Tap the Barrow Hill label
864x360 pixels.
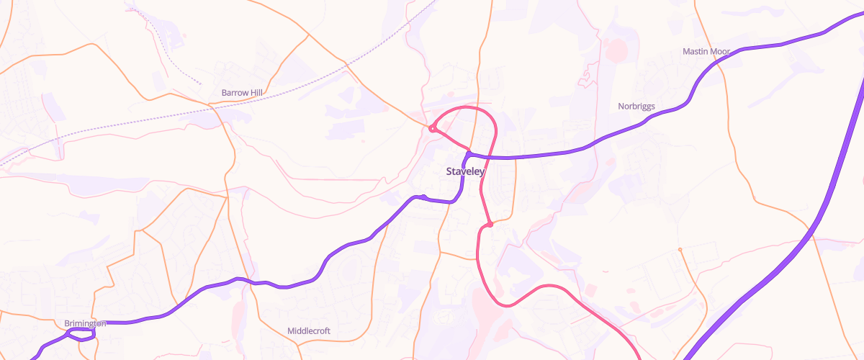coord(242,93)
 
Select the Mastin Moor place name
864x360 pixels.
coord(706,52)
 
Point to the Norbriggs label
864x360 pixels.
coord(636,107)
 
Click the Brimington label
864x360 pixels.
coord(85,323)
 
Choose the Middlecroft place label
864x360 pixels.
coord(308,331)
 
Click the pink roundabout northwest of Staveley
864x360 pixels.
coord(432,129)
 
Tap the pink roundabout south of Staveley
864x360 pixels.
coord(490,225)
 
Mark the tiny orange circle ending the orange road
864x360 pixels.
coord(680,250)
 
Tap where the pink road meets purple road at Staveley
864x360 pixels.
coord(469,153)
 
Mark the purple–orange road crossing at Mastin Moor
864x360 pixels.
coord(719,61)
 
